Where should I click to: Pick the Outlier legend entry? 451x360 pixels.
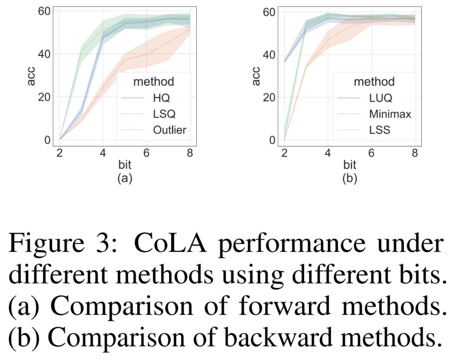[x=169, y=130]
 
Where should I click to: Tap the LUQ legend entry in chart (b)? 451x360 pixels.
[x=380, y=98]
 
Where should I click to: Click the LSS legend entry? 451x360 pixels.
[x=380, y=130]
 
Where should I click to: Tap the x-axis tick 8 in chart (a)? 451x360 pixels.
[x=190, y=153]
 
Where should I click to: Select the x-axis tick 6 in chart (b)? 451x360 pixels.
[x=371, y=153]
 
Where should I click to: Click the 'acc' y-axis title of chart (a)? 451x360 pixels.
[x=31, y=76]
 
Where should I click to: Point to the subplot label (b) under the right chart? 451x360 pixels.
[x=350, y=178]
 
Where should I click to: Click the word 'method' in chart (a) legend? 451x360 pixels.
[x=153, y=81]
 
